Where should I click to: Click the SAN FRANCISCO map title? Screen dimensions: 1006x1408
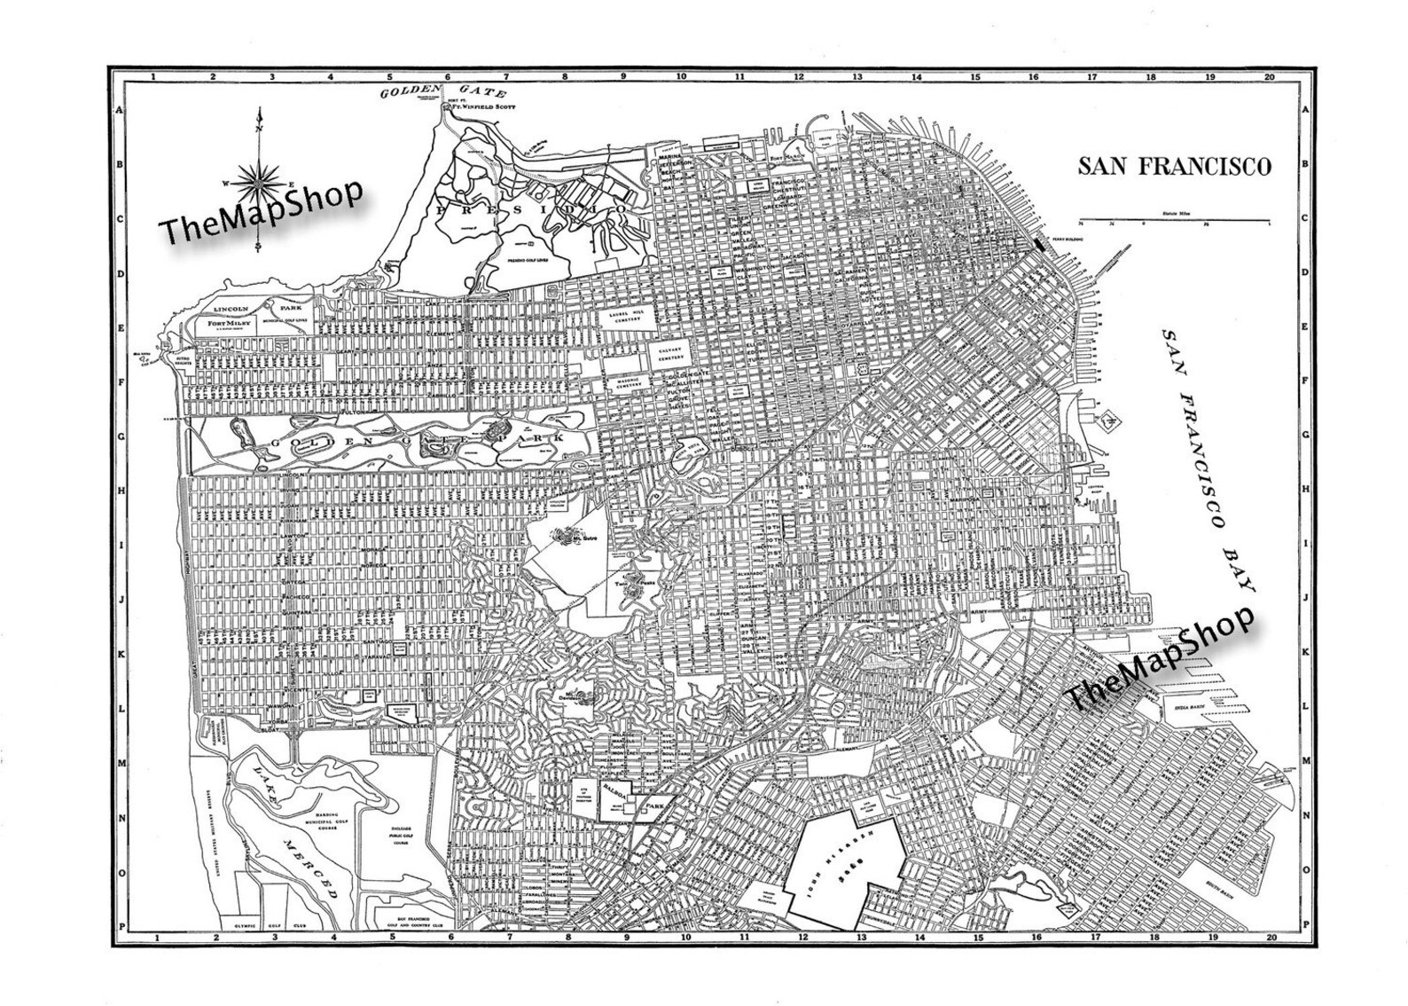click(x=1174, y=166)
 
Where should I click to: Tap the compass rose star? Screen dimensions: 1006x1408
click(x=258, y=180)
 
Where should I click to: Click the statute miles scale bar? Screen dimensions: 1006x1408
click(x=1174, y=220)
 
